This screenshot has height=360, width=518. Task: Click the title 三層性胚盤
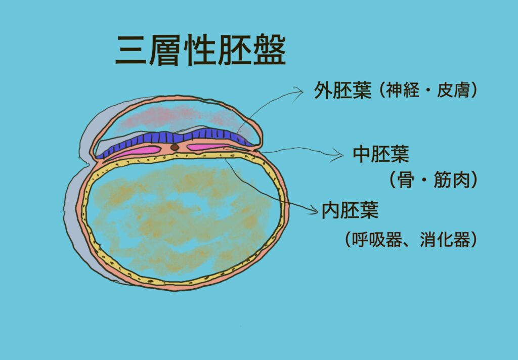pyautogui.click(x=200, y=50)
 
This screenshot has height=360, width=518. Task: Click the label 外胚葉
pyautogui.click(x=342, y=90)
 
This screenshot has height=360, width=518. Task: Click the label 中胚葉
pyautogui.click(x=381, y=154)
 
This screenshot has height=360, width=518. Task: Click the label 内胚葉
pyautogui.click(x=350, y=210)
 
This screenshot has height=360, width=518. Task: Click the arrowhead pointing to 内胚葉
pyautogui.click(x=313, y=209)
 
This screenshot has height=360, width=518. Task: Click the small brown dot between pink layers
pyautogui.click(x=175, y=147)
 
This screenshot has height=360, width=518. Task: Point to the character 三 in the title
pyautogui.click(x=131, y=50)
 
